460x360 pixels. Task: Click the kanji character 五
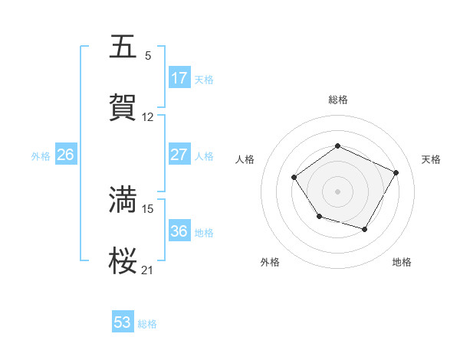(123, 47)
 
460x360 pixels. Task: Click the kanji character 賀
(123, 107)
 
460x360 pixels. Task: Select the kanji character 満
(123, 199)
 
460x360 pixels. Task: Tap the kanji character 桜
(123, 260)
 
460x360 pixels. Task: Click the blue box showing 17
(179, 78)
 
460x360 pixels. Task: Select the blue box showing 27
(179, 155)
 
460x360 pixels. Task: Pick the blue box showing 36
(179, 231)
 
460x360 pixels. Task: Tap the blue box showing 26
(65, 155)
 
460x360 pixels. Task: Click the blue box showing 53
(123, 322)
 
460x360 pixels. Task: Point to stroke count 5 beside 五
(148, 56)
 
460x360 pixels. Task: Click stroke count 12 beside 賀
(148, 117)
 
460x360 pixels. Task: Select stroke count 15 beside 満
(148, 208)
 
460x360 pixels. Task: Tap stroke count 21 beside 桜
(148, 270)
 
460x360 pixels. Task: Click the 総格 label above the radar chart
(337, 100)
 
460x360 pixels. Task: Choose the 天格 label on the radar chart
(431, 159)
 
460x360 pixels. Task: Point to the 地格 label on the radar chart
(402, 263)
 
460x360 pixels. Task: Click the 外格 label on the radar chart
(270, 263)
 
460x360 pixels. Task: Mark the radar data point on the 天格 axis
(396, 172)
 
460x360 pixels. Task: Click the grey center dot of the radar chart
(337, 191)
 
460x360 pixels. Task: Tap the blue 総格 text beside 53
(147, 324)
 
